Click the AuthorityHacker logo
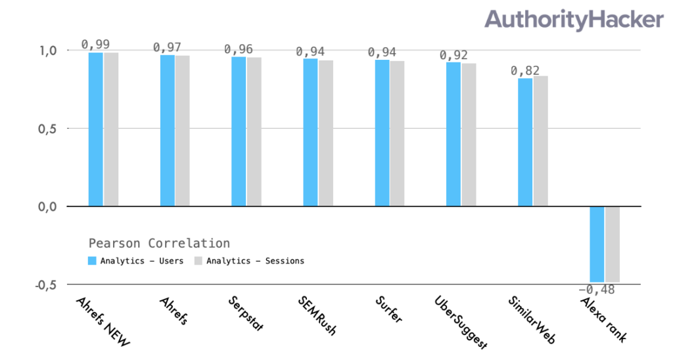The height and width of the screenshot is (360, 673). [x=574, y=20]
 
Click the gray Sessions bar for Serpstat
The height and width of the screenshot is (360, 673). [x=254, y=131]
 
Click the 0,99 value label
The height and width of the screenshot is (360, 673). [x=95, y=44]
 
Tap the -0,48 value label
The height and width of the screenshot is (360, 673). [x=597, y=290]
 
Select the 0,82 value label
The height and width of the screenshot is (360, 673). [x=525, y=70]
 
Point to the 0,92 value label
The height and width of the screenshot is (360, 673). [x=453, y=55]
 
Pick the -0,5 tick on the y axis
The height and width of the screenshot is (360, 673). [x=45, y=285]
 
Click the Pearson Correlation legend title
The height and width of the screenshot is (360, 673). [x=159, y=243]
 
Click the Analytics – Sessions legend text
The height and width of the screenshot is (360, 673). [x=255, y=261]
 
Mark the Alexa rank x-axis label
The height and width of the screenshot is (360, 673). [x=603, y=319]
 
